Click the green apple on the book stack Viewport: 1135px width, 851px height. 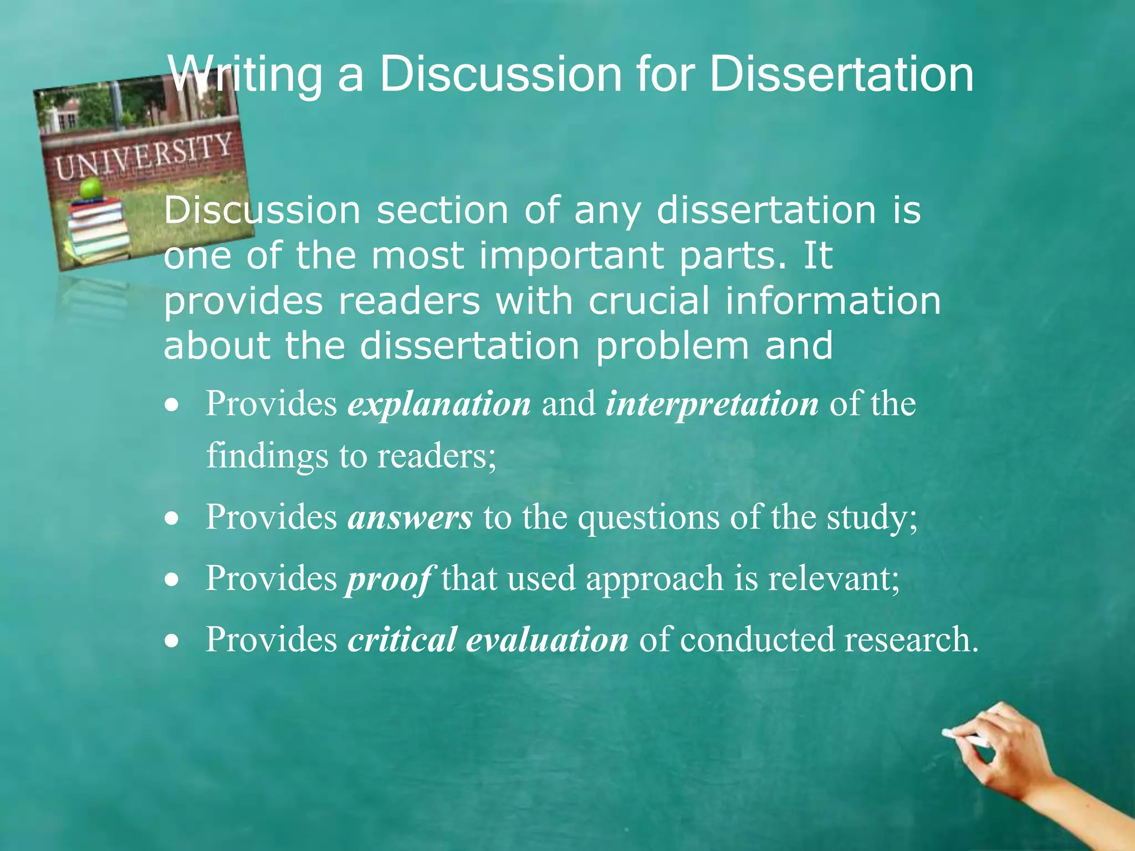[x=90, y=188]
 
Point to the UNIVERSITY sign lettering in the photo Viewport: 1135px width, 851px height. [x=143, y=157]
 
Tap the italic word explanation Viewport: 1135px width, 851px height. [x=439, y=403]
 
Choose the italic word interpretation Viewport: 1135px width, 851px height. [x=712, y=403]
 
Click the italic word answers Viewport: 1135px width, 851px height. [x=410, y=517]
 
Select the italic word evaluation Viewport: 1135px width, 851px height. [x=548, y=639]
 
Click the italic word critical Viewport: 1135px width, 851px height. [x=402, y=639]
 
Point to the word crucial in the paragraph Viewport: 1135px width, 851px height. [x=649, y=301]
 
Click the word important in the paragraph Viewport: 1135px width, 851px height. [x=571, y=256]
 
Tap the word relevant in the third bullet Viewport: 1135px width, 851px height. [x=834, y=578]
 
